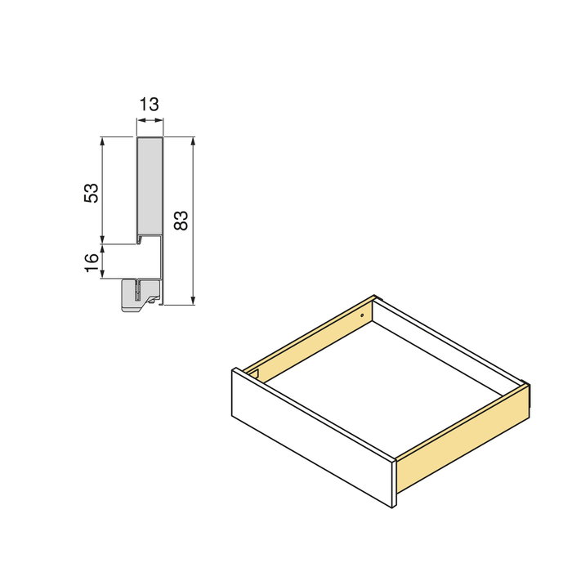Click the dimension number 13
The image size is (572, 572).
(x=150, y=105)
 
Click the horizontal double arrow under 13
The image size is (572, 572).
(x=150, y=121)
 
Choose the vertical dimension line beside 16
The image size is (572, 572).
(x=102, y=261)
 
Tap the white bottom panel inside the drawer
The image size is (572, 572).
(x=384, y=384)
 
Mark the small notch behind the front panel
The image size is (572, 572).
(x=256, y=375)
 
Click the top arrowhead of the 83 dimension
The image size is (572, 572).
(x=193, y=141)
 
